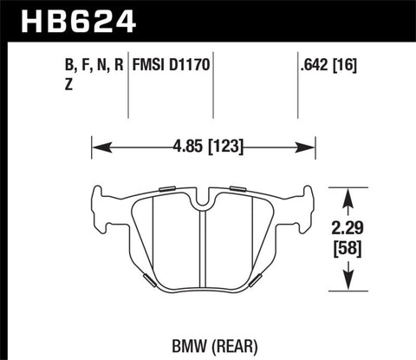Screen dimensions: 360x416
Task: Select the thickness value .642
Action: [311, 63]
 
